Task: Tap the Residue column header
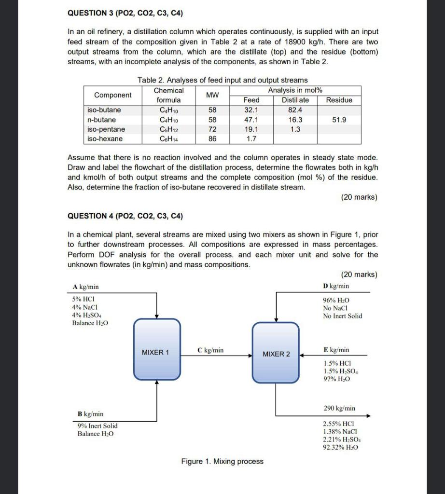click(339, 100)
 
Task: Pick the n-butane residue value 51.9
click(339, 120)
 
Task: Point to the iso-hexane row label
click(105, 139)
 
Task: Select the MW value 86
click(212, 139)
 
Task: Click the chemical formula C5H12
click(168, 129)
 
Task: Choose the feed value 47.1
click(251, 120)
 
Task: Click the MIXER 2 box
click(276, 354)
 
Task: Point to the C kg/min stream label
click(211, 350)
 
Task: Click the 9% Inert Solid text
click(97, 425)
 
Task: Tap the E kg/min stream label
click(336, 350)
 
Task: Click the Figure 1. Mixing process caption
click(222, 462)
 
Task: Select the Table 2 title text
click(222, 80)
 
